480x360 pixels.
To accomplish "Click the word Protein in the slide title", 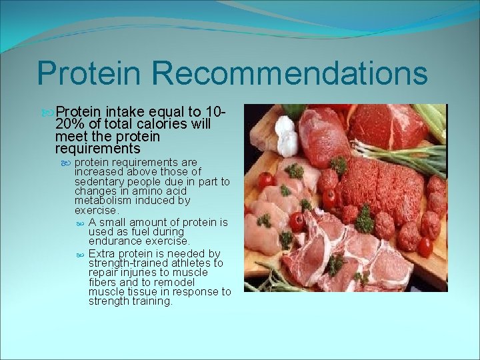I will click(x=90, y=73).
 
